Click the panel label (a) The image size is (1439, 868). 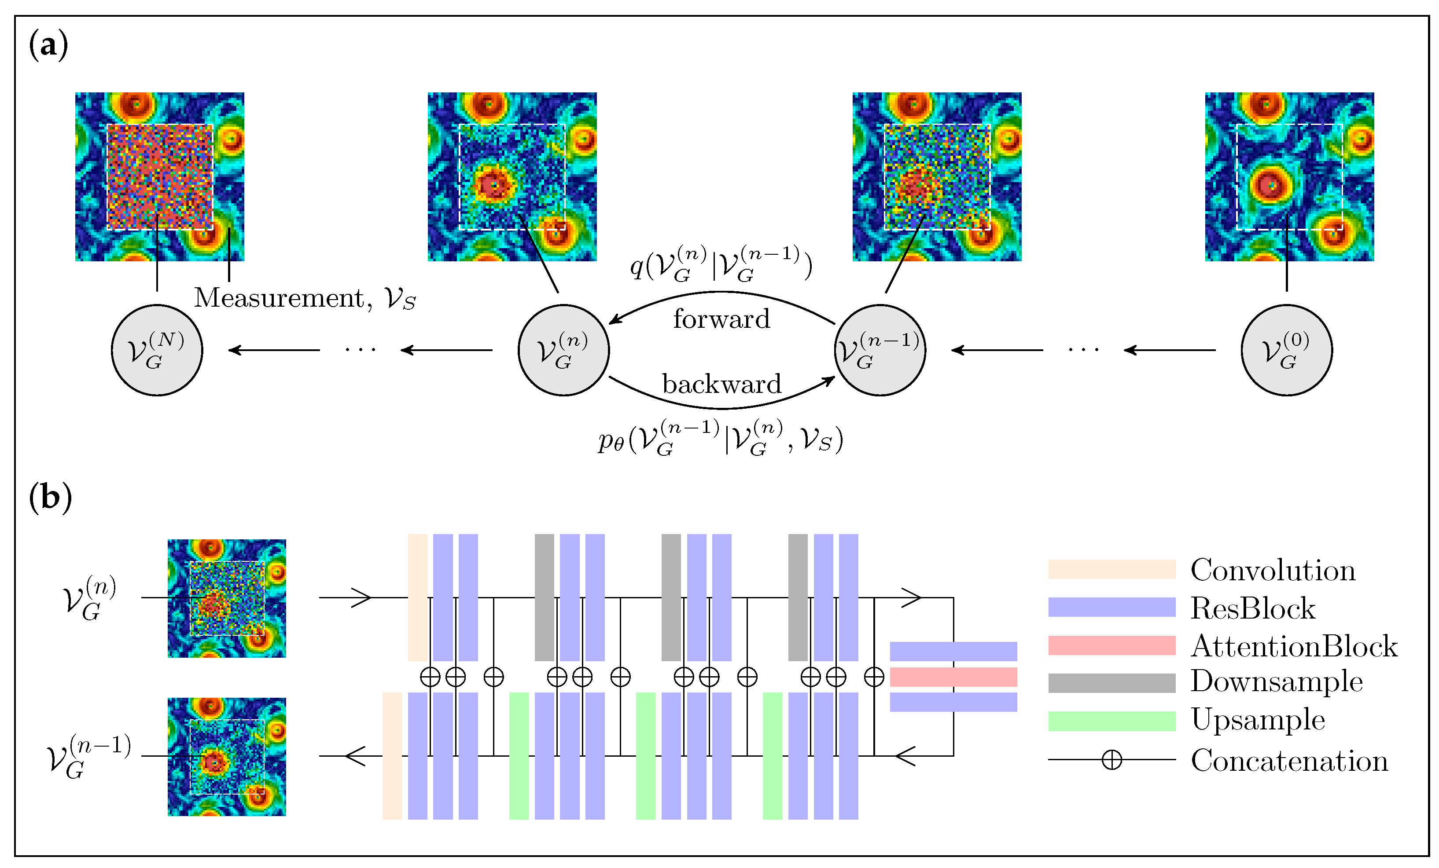[48, 45]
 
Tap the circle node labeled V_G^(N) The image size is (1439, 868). [157, 350]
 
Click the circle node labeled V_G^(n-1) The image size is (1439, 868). [880, 350]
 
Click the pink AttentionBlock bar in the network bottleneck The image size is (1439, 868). [953, 677]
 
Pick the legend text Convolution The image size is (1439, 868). [1273, 570]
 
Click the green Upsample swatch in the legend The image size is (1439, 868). [1111, 721]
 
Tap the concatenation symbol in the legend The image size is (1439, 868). [1111, 759]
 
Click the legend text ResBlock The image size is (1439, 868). [1253, 608]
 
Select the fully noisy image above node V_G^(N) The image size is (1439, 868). [159, 176]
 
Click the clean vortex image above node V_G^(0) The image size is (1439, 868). [1289, 176]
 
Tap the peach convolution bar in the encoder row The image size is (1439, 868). [418, 597]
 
